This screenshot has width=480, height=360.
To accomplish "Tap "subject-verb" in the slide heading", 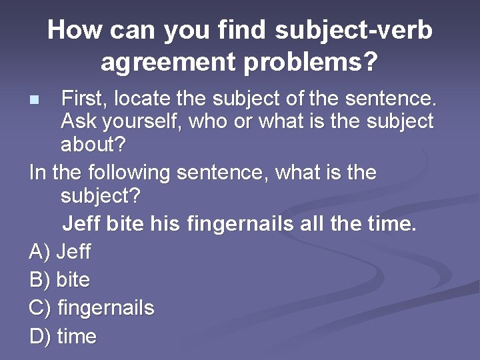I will (353, 30).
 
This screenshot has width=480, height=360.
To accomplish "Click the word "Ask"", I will (79, 122).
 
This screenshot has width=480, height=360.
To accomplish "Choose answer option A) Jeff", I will (61, 252).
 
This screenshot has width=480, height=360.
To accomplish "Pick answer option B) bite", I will (60, 280).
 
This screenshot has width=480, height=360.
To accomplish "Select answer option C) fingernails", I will (92, 308).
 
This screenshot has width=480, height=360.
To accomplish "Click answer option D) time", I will (63, 337).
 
